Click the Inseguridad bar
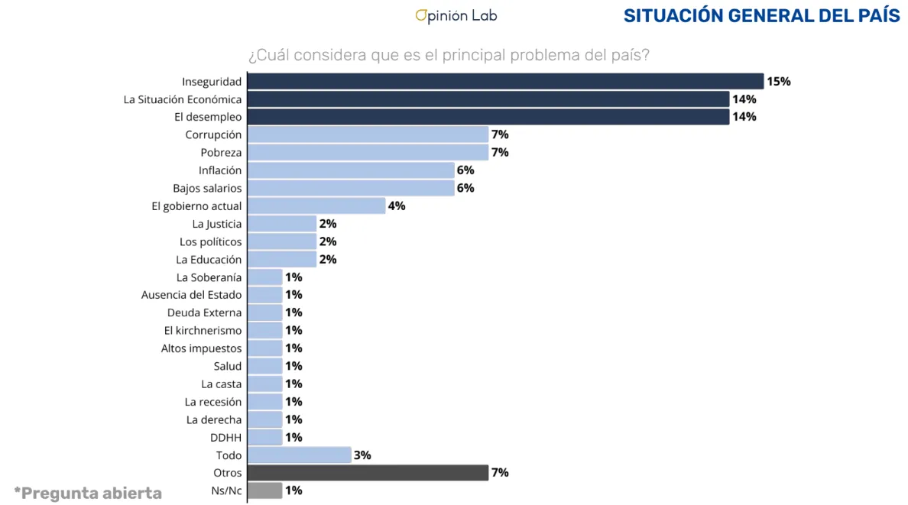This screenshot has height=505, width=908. pyautogui.click(x=505, y=82)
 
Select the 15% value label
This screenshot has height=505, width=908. pyautogui.click(x=778, y=82)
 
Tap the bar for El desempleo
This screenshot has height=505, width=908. pyautogui.click(x=488, y=117)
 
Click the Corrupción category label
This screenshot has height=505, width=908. pyautogui.click(x=213, y=134)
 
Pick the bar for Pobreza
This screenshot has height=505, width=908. pyautogui.click(x=368, y=152)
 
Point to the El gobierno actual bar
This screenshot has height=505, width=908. pyautogui.click(x=316, y=206)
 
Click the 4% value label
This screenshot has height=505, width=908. pyautogui.click(x=396, y=206)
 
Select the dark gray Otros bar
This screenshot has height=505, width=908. pyautogui.click(x=368, y=473)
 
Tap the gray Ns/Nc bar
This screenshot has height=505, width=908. pyautogui.click(x=265, y=490)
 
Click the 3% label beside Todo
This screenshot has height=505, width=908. pyautogui.click(x=362, y=455)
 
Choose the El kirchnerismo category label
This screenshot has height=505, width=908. pyautogui.click(x=203, y=330)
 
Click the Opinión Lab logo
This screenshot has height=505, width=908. pyautogui.click(x=456, y=15)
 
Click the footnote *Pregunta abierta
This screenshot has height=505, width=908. pyautogui.click(x=88, y=493)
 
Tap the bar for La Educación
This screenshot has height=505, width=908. pyautogui.click(x=282, y=259)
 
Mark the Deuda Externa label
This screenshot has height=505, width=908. pyautogui.click(x=204, y=312)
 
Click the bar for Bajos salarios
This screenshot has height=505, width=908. pyautogui.click(x=351, y=188)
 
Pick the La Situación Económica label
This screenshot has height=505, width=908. pyautogui.click(x=183, y=99)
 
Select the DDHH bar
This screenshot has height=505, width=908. pyautogui.click(x=265, y=437)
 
